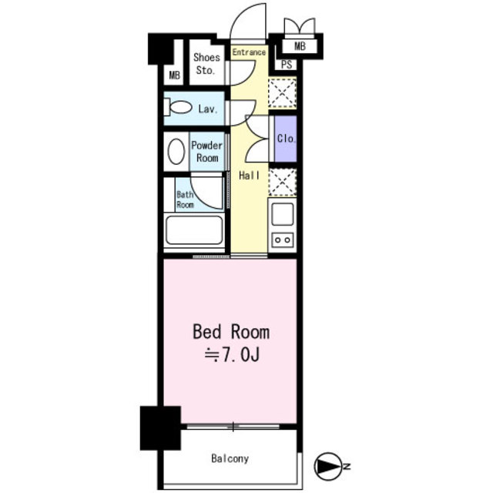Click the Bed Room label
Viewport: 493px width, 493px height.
(231, 332)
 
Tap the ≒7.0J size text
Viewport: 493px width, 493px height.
(232, 355)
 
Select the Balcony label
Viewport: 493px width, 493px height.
(230, 459)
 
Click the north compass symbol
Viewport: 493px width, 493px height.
(328, 466)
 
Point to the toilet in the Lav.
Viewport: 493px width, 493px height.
(178, 107)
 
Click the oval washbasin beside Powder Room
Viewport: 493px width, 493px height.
(176, 152)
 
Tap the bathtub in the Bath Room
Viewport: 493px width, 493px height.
(194, 230)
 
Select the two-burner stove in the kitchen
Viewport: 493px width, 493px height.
(283, 240)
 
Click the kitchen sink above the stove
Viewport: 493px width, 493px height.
(283, 214)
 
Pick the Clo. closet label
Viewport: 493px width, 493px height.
(286, 139)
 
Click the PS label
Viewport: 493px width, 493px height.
(287, 65)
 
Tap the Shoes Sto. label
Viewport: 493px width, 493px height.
(206, 64)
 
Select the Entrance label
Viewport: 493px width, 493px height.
(249, 52)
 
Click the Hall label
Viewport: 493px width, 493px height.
(250, 176)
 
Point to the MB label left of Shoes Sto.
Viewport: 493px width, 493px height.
(175, 75)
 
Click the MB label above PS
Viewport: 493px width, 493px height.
(300, 46)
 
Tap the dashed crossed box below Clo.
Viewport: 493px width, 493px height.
(283, 183)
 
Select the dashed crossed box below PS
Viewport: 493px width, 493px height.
(283, 93)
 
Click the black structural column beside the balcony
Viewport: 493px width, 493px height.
(160, 428)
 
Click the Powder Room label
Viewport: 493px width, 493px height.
(206, 152)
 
